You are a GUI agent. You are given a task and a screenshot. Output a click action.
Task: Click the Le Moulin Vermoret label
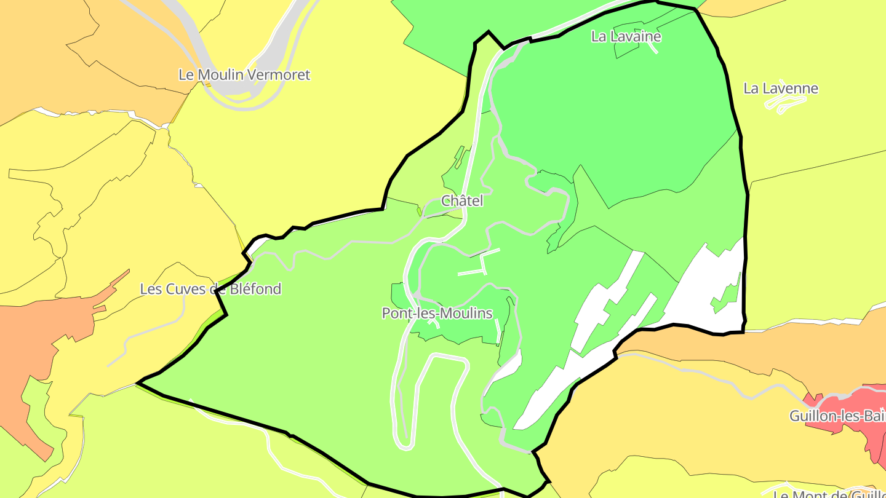(x=244, y=75)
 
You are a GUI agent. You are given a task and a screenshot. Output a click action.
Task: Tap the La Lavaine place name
(x=626, y=36)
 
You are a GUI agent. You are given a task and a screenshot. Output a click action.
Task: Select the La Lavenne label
(x=781, y=89)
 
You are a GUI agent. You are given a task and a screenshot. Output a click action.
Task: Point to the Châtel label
(x=462, y=201)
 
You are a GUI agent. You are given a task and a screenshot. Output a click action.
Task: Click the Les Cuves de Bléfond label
(x=210, y=289)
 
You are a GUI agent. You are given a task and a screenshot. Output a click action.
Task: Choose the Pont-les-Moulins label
(x=437, y=314)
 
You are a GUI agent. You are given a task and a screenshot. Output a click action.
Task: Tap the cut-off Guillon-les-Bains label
(x=837, y=416)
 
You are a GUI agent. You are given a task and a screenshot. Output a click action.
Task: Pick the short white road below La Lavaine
(x=652, y=47)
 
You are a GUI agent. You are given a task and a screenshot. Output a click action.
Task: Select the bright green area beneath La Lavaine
(x=615, y=111)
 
